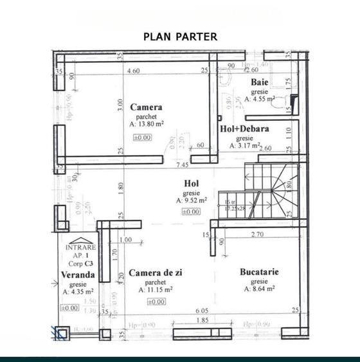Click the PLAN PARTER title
[x=180, y=37]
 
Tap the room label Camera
[x=146, y=107]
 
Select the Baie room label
[x=260, y=82]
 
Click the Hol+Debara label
[x=244, y=129]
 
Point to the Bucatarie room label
[x=259, y=272]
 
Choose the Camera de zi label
[x=156, y=273]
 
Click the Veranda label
[x=79, y=275]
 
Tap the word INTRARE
[x=81, y=247]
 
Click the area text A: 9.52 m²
[x=192, y=201]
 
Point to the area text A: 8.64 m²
[x=259, y=289]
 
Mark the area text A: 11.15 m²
[x=156, y=291]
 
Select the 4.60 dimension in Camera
[x=134, y=71]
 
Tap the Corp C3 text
[x=82, y=262]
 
